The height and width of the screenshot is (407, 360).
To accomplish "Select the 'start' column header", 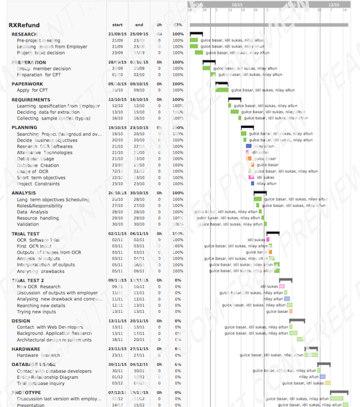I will [x=118, y=25].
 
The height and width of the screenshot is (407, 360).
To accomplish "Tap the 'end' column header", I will [x=139, y=25].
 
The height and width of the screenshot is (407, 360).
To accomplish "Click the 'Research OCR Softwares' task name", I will [x=44, y=146].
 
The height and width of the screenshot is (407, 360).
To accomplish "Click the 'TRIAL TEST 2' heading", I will [x=28, y=280].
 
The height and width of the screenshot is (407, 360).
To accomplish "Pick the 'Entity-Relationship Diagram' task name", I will [x=47, y=377].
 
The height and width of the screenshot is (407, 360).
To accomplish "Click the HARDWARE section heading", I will [x=26, y=349].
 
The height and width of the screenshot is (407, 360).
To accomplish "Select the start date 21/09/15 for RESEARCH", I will [x=116, y=34].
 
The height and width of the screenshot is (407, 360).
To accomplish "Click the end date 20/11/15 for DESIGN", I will [x=139, y=321].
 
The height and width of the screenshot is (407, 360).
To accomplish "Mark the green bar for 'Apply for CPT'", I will [x=222, y=90].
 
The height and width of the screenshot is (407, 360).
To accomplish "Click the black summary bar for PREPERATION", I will [x=209, y=61].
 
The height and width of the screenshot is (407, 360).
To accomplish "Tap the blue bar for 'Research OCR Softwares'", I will [x=248, y=146].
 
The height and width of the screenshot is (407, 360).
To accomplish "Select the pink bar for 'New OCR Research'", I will [x=282, y=286].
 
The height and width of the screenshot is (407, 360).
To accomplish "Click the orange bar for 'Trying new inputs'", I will [x=291, y=312].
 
